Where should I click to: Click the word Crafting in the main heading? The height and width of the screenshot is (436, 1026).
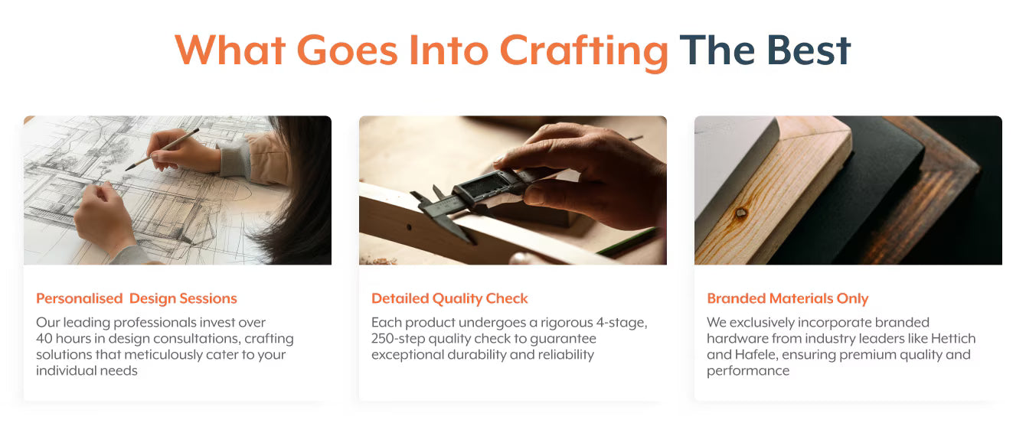(x=583, y=51)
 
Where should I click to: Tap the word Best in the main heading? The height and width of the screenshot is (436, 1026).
(x=809, y=50)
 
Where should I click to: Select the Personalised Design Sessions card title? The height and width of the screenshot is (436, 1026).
(x=136, y=298)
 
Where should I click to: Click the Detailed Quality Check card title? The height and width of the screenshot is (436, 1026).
(x=449, y=298)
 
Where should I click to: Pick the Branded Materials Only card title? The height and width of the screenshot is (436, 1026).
(x=787, y=298)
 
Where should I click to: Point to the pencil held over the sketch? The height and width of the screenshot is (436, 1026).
(x=162, y=149)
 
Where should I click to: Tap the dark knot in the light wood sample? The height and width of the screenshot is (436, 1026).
(x=740, y=213)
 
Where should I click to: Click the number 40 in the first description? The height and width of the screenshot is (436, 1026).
(x=44, y=339)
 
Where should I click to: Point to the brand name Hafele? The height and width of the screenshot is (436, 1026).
(x=755, y=355)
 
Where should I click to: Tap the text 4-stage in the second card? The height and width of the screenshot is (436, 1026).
(x=621, y=323)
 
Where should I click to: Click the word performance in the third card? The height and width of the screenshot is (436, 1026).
(x=748, y=371)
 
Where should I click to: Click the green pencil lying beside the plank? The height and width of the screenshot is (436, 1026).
(x=628, y=241)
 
